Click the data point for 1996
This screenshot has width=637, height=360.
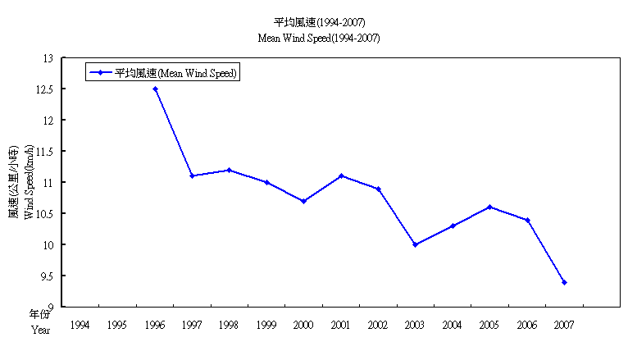click(x=155, y=89)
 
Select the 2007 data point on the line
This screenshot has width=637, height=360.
click(x=564, y=282)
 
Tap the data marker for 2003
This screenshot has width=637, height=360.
click(x=416, y=244)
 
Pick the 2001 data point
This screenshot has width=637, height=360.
click(x=341, y=175)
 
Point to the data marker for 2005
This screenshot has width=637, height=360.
click(x=489, y=207)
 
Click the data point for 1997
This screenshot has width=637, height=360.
click(x=192, y=175)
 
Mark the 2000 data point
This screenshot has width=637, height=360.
click(x=303, y=201)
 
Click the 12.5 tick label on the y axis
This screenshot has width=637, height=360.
click(x=44, y=89)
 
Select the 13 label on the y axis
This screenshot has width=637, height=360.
click(x=48, y=58)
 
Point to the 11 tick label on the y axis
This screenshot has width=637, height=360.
click(x=48, y=182)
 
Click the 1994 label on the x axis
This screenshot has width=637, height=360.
click(x=80, y=326)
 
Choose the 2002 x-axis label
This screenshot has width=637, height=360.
click(x=378, y=326)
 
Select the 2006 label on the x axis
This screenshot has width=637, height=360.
click(x=527, y=326)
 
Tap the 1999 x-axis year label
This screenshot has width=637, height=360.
click(x=266, y=326)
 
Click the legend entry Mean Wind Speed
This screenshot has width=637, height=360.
click(x=175, y=72)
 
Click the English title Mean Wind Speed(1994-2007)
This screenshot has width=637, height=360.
click(x=319, y=38)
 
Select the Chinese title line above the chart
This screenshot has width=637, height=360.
click(x=319, y=21)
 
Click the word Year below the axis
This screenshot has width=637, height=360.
click(x=41, y=330)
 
